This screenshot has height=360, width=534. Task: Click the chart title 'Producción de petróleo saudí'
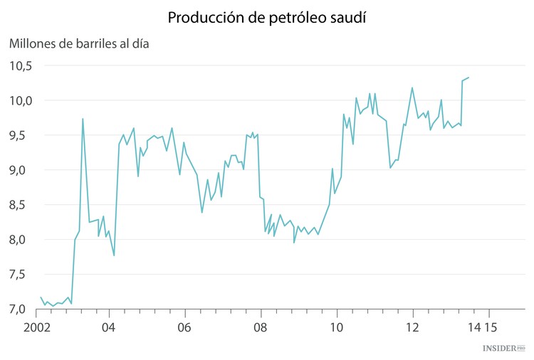pyautogui.click(x=267, y=17)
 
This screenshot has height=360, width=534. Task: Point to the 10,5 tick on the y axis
pyautogui.click(x=21, y=66)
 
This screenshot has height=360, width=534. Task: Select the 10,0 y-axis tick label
pyautogui.click(x=21, y=101)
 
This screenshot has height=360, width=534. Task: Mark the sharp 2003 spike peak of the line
pyautogui.click(x=83, y=119)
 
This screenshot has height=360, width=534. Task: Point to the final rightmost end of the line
pyautogui.click(x=469, y=78)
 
